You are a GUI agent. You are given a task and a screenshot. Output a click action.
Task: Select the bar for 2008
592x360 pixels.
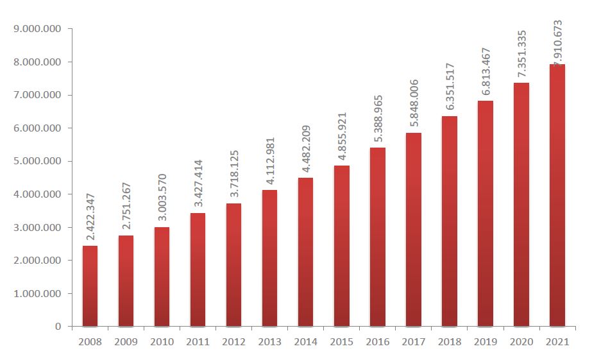[90, 286]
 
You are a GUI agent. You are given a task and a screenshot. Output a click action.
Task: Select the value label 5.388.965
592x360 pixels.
[378, 120]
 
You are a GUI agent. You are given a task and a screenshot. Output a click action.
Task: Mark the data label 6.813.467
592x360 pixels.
[486, 73]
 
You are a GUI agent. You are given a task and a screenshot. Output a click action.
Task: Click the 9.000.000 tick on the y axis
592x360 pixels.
[38, 29]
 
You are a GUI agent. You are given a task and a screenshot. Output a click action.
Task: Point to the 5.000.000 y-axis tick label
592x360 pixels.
[38, 161]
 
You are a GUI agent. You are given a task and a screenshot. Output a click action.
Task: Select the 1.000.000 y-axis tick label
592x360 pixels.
[38, 294]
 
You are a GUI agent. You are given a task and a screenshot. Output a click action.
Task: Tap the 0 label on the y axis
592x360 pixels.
[58, 327]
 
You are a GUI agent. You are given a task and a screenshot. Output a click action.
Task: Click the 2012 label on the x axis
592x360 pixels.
[233, 343]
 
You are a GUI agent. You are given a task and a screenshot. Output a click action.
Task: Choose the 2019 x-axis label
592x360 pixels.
[485, 343]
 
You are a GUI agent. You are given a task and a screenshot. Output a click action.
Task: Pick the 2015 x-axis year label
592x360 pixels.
[341, 343]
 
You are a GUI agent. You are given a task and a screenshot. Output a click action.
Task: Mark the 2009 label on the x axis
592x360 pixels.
[126, 343]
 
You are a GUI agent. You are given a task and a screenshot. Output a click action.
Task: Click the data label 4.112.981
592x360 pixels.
[270, 162]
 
